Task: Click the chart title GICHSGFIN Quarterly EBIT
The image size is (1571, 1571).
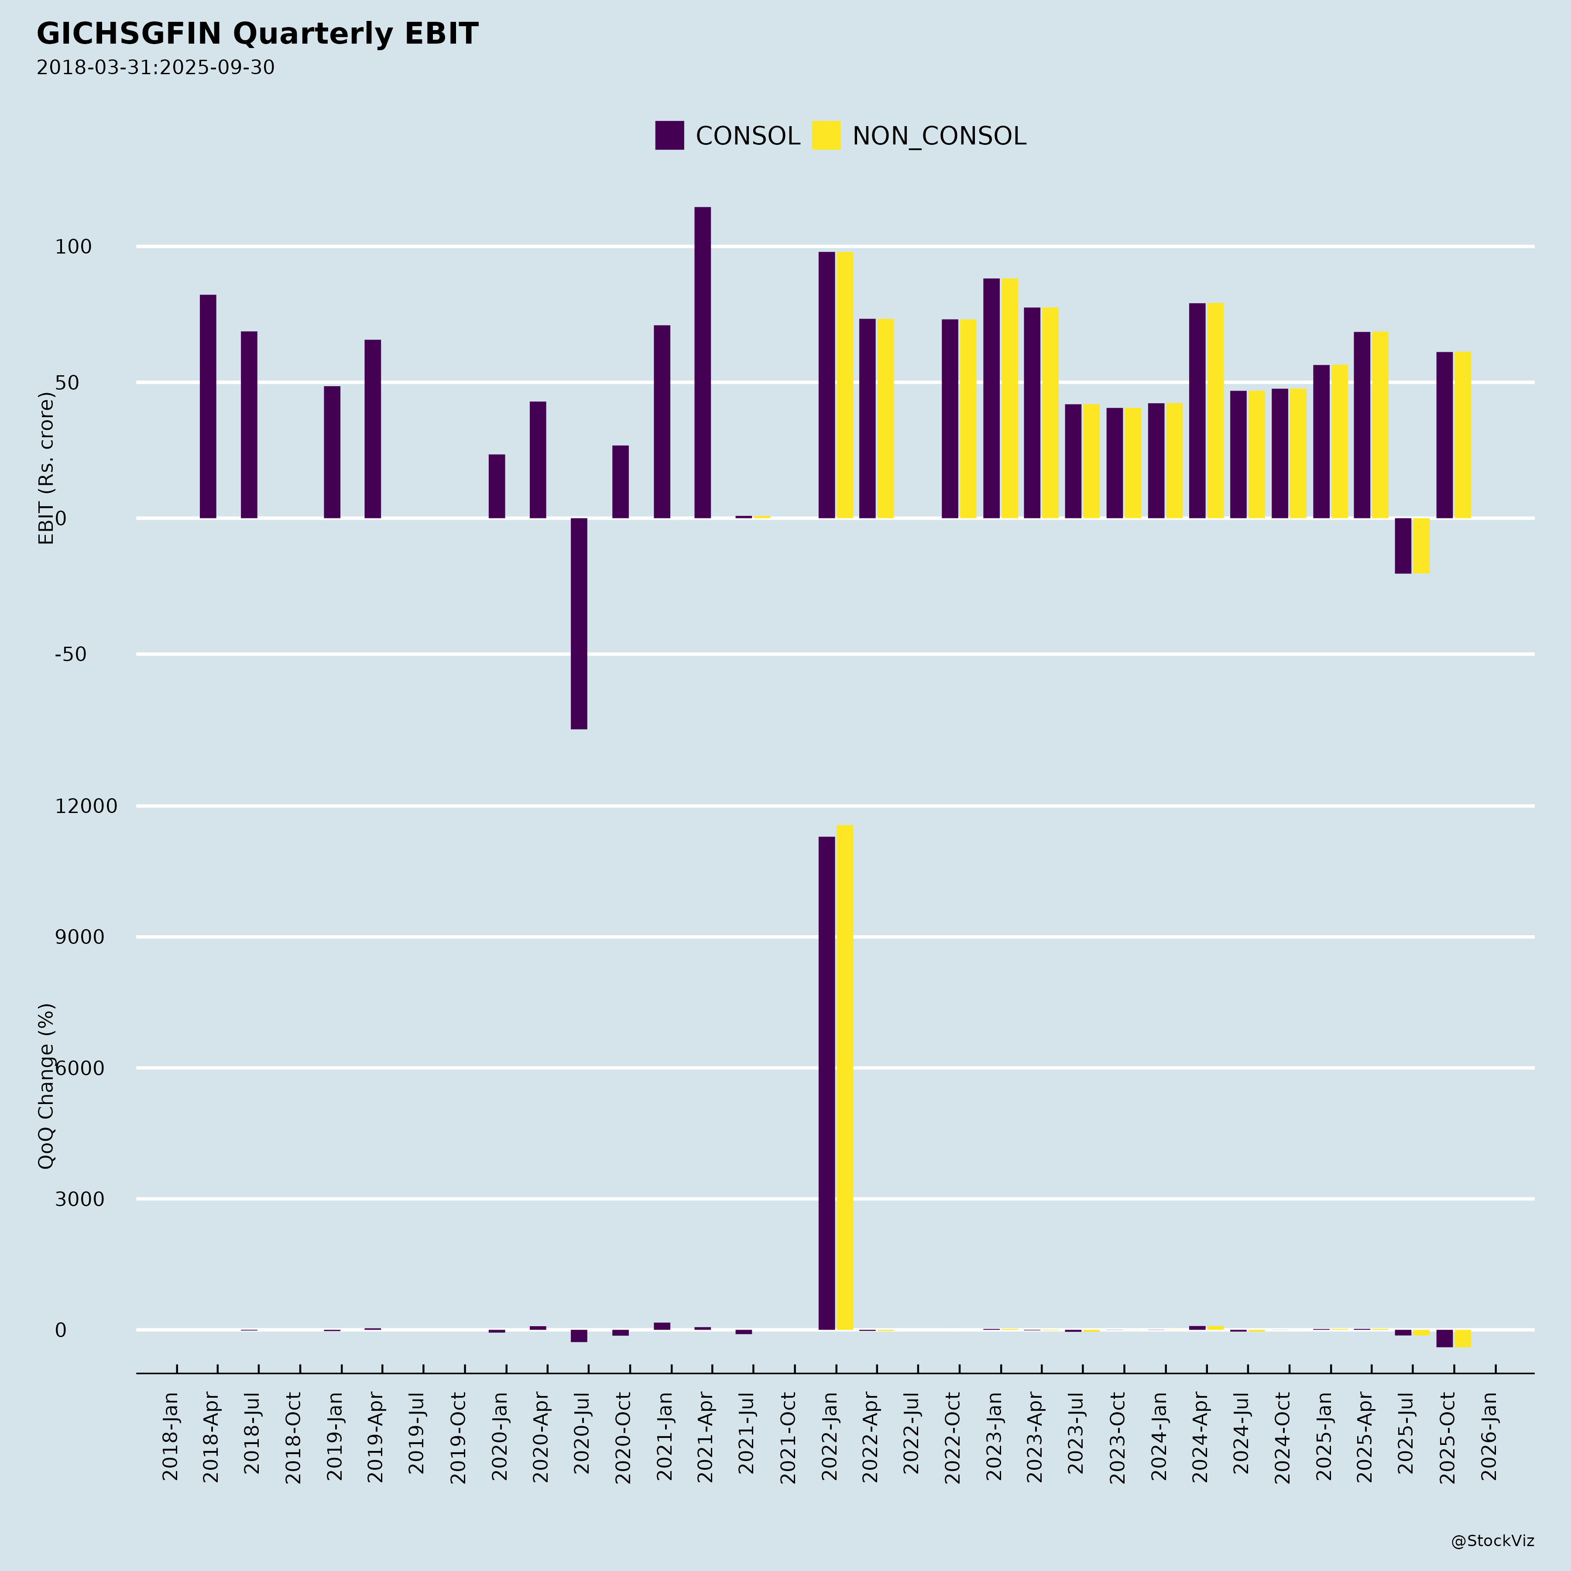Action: click(257, 34)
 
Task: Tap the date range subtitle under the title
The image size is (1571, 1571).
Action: click(155, 68)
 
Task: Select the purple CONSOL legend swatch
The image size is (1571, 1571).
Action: click(669, 135)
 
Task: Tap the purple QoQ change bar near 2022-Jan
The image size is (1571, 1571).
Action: click(826, 1082)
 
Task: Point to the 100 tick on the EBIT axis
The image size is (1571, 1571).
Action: click(73, 247)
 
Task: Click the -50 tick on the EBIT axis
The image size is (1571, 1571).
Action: click(71, 655)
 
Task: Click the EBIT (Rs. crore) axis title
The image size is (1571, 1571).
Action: click(46, 468)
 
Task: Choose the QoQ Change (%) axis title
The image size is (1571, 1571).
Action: click(46, 1086)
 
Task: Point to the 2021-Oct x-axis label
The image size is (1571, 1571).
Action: click(788, 1437)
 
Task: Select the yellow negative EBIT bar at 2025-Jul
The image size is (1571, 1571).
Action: click(1420, 545)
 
